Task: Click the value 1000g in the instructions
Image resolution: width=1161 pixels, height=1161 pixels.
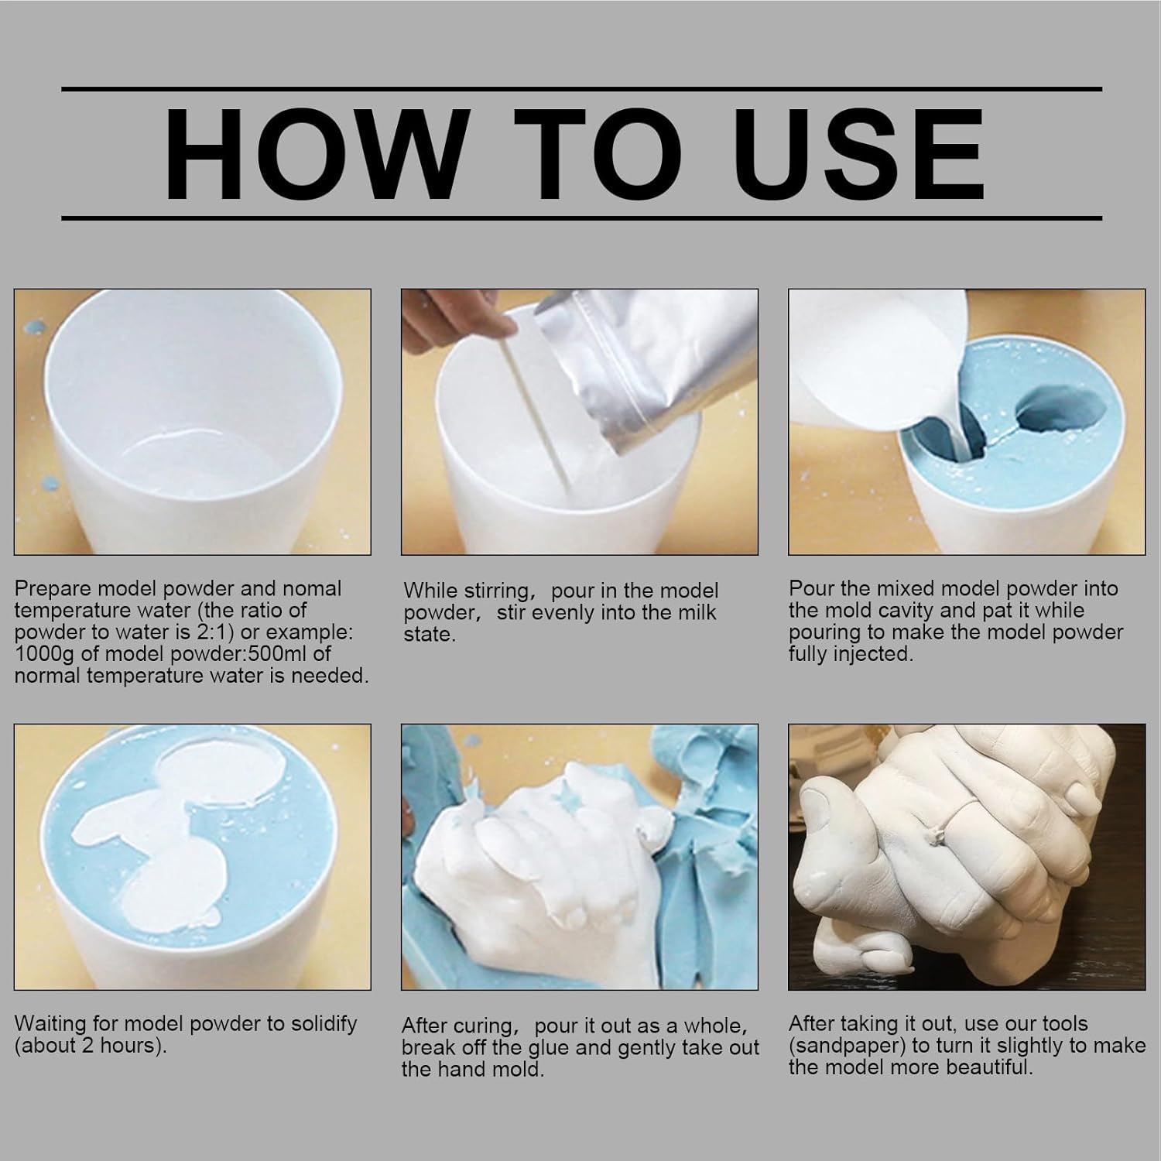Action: [46, 654]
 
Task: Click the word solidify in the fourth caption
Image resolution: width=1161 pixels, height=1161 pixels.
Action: [317, 1024]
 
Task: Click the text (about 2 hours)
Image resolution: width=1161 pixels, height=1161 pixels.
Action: [91, 1046]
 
